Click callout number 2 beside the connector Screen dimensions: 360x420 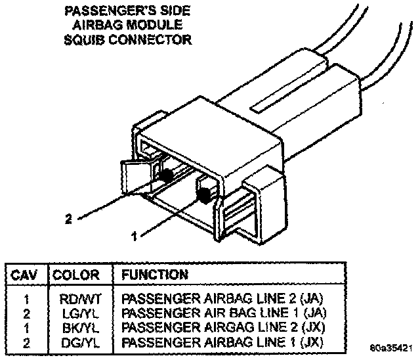click(68, 219)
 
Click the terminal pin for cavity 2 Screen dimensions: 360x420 click(167, 175)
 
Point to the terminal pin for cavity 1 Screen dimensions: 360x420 click(205, 194)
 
